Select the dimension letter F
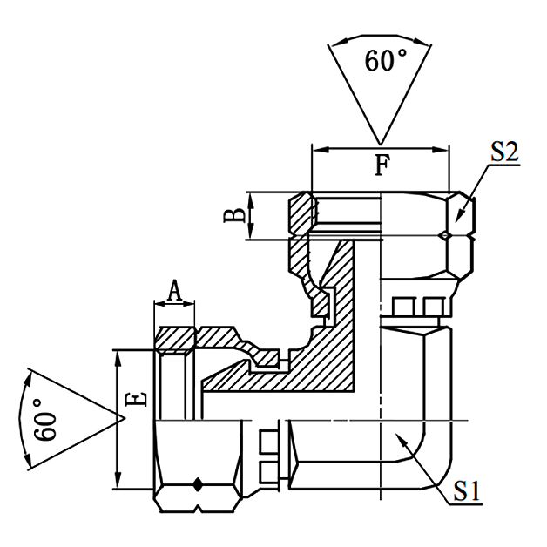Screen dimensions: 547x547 click(382, 164)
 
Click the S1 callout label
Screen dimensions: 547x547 click(468, 492)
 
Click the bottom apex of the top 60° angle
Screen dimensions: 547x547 click(380, 143)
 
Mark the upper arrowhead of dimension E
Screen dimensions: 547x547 click(118, 354)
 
